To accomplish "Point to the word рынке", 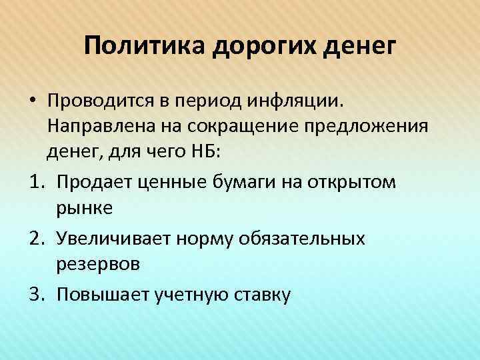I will point(85,207).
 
